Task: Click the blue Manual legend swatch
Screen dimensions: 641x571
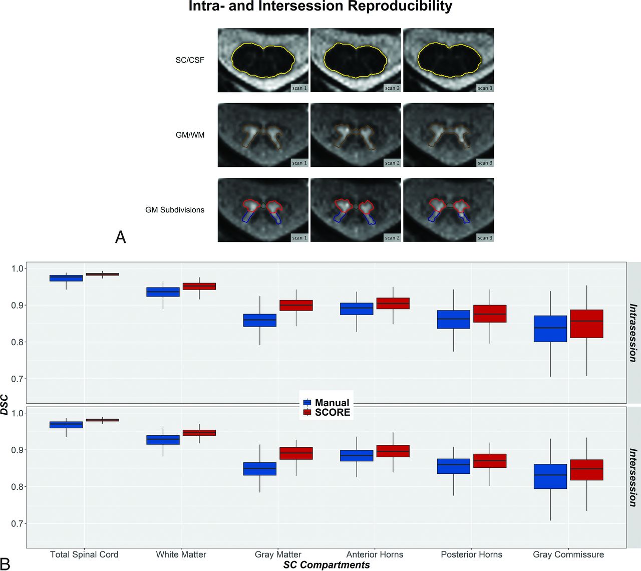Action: (307, 402)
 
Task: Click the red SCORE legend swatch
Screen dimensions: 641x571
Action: (307, 412)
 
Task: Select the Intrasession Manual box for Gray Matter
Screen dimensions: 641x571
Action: (260, 320)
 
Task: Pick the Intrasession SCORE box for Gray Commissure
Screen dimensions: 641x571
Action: (586, 324)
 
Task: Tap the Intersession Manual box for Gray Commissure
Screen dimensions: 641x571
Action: (550, 476)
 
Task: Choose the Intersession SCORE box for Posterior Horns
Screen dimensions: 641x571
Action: (490, 461)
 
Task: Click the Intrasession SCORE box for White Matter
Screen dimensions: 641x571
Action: (199, 286)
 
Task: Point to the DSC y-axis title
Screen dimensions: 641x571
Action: (5, 405)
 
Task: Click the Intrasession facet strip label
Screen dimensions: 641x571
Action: (633, 333)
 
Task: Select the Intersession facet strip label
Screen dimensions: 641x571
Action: (633, 477)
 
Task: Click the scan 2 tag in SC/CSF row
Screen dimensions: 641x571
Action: (392, 88)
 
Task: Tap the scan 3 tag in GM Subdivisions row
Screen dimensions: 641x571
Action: (485, 238)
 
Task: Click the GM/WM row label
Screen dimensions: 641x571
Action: (190, 135)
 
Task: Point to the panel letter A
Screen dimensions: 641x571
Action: (120, 237)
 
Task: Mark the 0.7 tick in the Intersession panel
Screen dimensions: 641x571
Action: (18, 523)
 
